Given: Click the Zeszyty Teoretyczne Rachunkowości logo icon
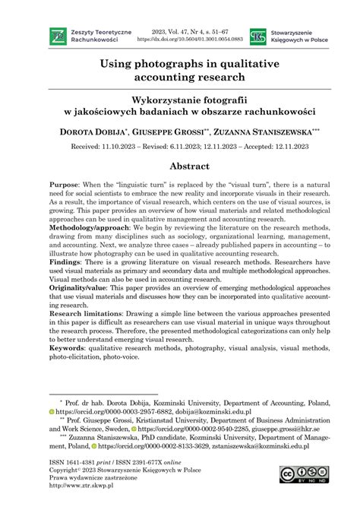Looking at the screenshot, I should pyautogui.click(x=57, y=35).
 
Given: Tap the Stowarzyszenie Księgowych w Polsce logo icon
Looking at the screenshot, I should pyautogui.click(x=258, y=36).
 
